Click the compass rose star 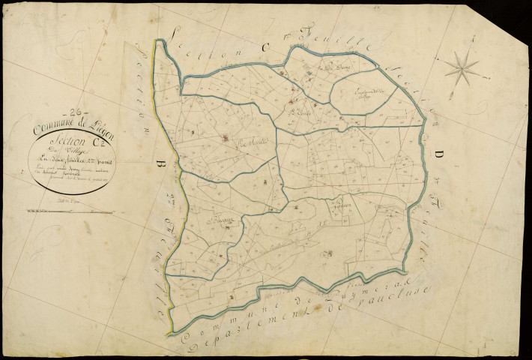click(462, 69)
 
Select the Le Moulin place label click(251, 141)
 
